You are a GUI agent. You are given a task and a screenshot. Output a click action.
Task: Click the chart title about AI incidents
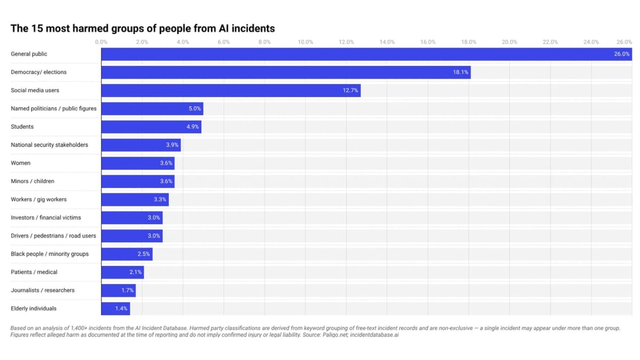[x=142, y=28]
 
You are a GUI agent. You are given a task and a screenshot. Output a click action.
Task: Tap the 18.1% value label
[x=460, y=72]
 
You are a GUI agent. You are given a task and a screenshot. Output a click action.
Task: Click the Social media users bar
[x=230, y=91]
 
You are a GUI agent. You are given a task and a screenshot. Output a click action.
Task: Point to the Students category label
[x=22, y=127]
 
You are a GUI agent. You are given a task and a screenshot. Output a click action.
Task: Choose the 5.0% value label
[x=195, y=109]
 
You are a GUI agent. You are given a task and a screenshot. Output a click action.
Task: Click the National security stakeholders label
[x=50, y=145]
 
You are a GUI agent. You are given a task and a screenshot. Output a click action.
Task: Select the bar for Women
[x=138, y=163]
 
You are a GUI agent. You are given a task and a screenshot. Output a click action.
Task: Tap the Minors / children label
[x=33, y=181]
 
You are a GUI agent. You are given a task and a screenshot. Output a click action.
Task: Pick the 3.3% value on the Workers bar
[x=160, y=199]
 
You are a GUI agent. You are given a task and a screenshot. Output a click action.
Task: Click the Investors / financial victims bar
[x=132, y=218]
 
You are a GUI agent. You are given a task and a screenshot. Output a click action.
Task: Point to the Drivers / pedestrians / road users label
[x=53, y=236]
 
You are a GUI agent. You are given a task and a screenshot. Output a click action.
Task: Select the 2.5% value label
[x=143, y=254]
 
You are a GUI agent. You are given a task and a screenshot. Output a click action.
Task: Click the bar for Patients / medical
[x=122, y=272]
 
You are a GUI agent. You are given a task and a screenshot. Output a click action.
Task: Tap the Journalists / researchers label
[x=43, y=290]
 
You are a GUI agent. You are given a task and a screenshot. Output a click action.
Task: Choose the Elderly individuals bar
[x=115, y=308]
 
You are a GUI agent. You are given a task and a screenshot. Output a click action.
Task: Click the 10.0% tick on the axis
[x=305, y=42]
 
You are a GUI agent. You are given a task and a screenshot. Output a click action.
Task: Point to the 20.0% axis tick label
[x=509, y=42]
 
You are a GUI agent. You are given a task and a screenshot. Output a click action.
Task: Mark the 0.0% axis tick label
[x=101, y=42]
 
